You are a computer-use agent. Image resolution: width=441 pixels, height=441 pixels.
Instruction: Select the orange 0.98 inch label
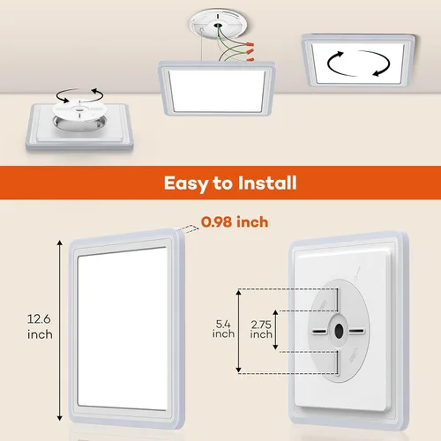pos(235,221)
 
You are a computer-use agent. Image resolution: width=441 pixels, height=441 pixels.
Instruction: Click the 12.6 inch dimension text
pos(40,326)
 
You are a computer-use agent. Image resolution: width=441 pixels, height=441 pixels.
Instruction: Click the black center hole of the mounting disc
pos(339,332)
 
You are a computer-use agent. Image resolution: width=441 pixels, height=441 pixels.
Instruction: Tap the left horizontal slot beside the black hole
pos(317,332)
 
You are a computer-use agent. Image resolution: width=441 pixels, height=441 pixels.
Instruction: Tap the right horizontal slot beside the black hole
pos(360,332)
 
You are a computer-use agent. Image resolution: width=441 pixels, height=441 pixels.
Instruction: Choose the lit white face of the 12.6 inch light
pos(123,326)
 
